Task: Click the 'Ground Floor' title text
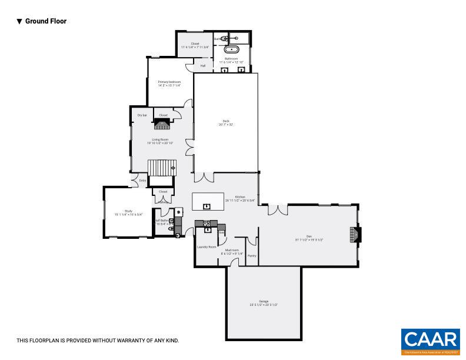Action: click(x=45, y=21)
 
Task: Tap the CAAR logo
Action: click(x=431, y=341)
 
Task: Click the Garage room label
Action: click(x=263, y=301)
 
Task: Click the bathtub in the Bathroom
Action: click(x=232, y=49)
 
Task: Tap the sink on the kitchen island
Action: click(x=207, y=206)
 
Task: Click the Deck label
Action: click(x=225, y=122)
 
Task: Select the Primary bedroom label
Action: click(x=169, y=82)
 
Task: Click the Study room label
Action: click(x=128, y=211)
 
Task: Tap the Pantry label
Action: click(x=252, y=256)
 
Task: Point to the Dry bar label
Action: click(x=142, y=115)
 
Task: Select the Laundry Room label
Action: click(x=207, y=247)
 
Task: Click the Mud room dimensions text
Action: click(x=232, y=254)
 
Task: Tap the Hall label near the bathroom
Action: click(x=203, y=66)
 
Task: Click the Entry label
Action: click(x=142, y=181)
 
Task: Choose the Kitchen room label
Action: click(x=239, y=197)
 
